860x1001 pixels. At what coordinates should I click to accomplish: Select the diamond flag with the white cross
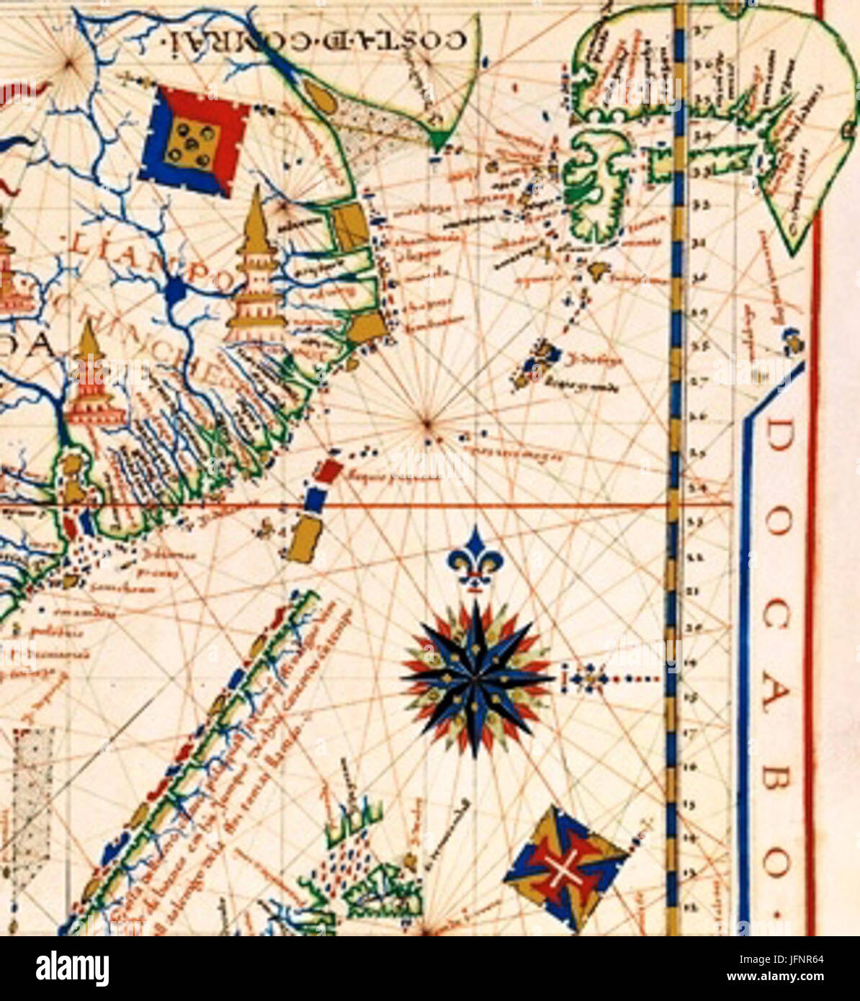coord(565,867)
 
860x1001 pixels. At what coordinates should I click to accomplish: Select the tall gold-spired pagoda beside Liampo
coord(256,266)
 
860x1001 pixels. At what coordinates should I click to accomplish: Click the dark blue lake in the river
coord(175,292)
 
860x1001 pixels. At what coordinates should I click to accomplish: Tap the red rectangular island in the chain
coord(330,471)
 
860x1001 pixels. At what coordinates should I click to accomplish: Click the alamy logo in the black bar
coord(72,969)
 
